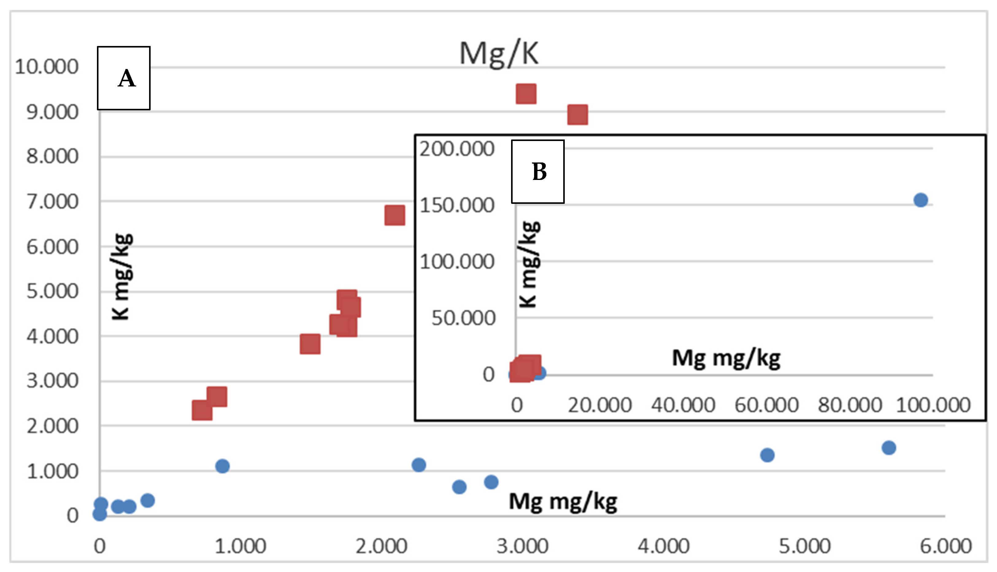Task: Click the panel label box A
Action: coord(124,78)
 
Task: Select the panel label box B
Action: coord(537,172)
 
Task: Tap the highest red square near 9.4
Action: coord(526,93)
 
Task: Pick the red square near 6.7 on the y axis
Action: coord(395,215)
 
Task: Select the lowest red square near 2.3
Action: coord(202,410)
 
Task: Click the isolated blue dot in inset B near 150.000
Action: coord(920,200)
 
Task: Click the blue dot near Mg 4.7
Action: coord(767,455)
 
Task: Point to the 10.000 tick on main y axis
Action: coord(46,67)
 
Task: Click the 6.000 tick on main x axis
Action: coord(945,547)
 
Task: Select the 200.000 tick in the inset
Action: coord(457,149)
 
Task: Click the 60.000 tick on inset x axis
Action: coord(766,405)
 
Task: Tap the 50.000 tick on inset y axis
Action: coord(463,318)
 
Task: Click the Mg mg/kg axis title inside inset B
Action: coord(726,358)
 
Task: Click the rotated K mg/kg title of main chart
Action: coord(121,277)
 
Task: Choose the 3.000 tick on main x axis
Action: coord(522,547)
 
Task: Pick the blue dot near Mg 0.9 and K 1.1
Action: coord(222,466)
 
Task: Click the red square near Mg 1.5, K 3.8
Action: coord(310,344)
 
